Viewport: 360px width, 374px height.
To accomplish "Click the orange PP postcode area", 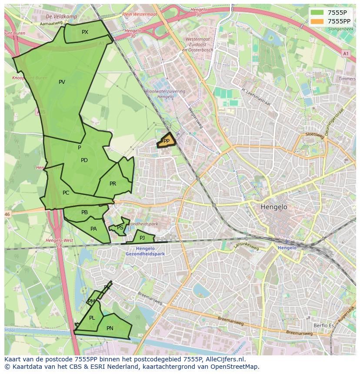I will pos(166,141).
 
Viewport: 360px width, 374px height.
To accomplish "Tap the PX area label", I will pos(85,32).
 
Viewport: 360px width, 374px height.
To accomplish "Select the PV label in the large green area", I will pos(62,82).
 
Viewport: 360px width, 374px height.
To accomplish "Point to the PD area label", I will pos(84,160).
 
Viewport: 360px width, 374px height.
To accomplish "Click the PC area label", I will pos(66,193).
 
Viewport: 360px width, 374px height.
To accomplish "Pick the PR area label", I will pos(113,184).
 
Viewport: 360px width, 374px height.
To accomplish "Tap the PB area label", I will pos(84,212).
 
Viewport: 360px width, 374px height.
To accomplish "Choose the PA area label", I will pos(93,229).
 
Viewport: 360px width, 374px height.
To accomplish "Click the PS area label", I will pos(120,228).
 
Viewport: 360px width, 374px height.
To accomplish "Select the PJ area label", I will pos(142,238).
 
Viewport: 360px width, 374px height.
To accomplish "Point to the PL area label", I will pos(92,318).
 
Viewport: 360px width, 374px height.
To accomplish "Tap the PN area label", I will pos(110,328).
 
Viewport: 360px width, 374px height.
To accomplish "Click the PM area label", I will pos(91,301).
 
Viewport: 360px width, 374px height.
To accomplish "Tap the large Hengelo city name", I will pos(274,207).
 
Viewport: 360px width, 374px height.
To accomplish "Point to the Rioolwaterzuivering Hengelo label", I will pos(166,94).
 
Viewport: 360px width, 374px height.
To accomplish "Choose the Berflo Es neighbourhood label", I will pos(323,325).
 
